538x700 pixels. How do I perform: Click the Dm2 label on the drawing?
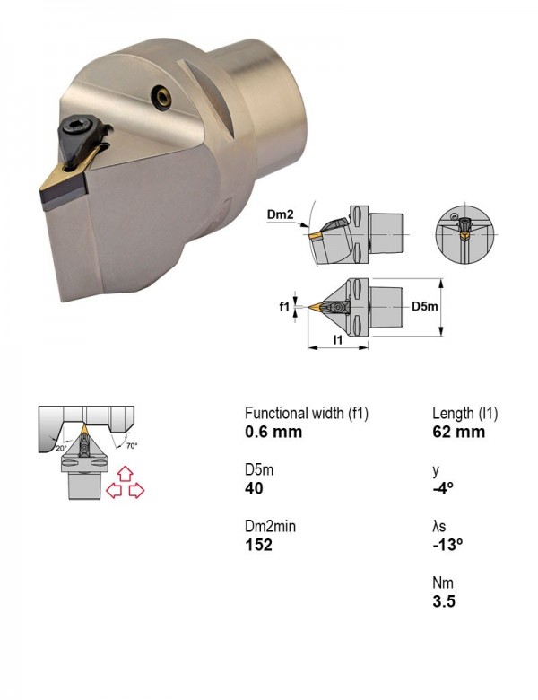pos(280,214)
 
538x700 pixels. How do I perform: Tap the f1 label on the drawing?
pos(284,307)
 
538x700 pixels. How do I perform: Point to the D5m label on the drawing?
pos(424,306)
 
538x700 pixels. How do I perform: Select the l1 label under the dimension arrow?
pos(338,340)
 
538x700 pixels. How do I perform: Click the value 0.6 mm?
pos(273,432)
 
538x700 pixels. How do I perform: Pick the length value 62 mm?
pos(458,432)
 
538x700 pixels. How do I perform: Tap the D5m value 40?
pos(255,488)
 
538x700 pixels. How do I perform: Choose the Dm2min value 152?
pos(259,545)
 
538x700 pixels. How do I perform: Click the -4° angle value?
pos(443,488)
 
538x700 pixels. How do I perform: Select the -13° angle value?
pos(447,545)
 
